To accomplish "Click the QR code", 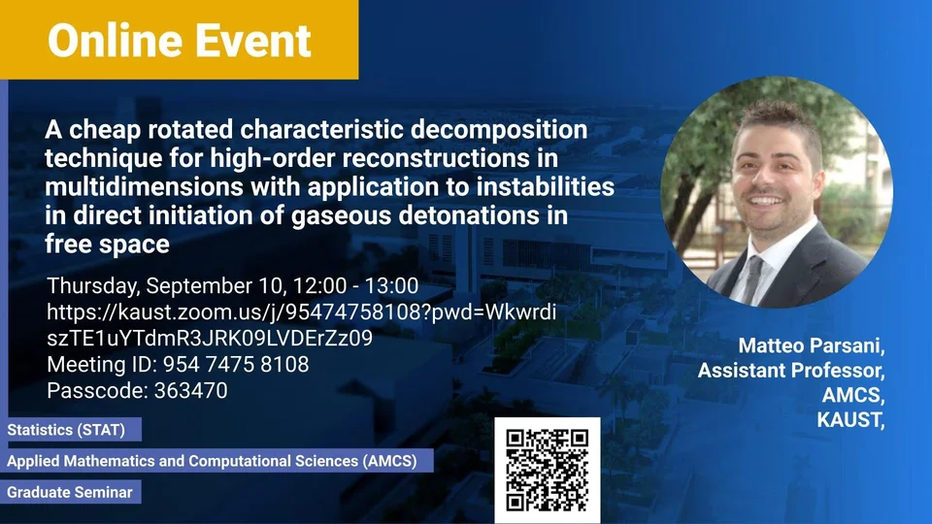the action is coord(548,470).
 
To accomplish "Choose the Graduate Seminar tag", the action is coord(70,492).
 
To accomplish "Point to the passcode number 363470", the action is coord(191,390).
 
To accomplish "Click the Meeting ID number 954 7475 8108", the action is coord(236,364).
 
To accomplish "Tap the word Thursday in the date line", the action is coord(93,286).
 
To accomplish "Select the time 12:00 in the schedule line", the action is coord(319,285).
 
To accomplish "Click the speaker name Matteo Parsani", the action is coord(812,345).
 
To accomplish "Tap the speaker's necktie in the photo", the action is coord(751,278).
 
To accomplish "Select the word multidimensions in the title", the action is coord(144,186).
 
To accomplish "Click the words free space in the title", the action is coord(107,245).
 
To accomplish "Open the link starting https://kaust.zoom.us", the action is coord(301,325).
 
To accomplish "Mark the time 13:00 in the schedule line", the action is coord(391,285).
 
